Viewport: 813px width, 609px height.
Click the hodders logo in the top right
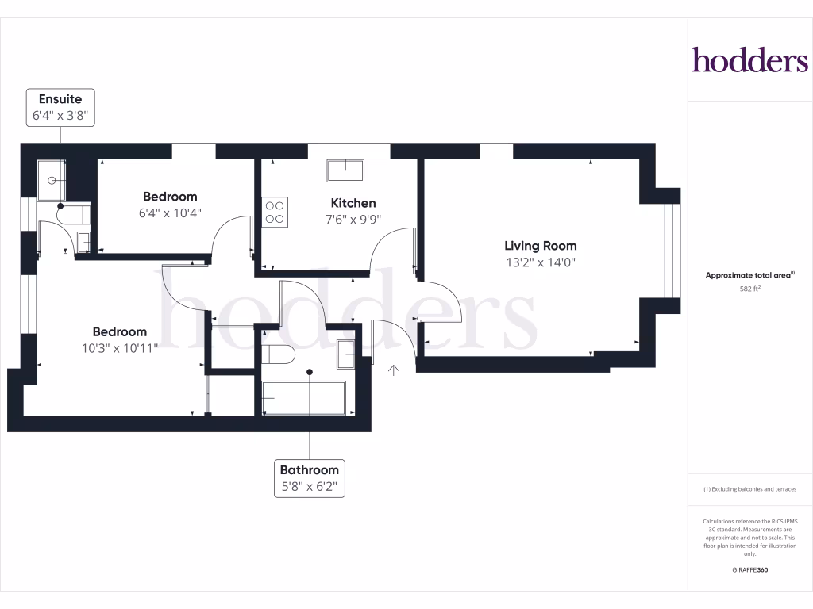pos(749,60)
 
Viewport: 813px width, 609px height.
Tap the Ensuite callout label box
pos(60,107)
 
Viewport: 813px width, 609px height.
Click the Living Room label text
pos(540,246)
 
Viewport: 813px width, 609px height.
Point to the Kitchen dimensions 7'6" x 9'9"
pos(353,220)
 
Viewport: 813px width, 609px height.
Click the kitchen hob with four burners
pos(275,212)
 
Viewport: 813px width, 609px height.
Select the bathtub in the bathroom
pos(303,397)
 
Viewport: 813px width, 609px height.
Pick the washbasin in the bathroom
pos(346,354)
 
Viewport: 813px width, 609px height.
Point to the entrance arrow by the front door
pos(394,369)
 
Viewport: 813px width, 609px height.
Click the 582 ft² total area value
pos(750,289)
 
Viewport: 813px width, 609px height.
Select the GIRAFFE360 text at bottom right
pos(750,569)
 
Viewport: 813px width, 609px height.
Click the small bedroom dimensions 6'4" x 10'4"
pos(170,213)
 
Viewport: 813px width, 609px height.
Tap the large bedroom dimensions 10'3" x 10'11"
pos(120,347)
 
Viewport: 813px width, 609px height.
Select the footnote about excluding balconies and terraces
pos(750,489)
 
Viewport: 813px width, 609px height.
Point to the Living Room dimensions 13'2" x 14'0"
pos(540,262)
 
